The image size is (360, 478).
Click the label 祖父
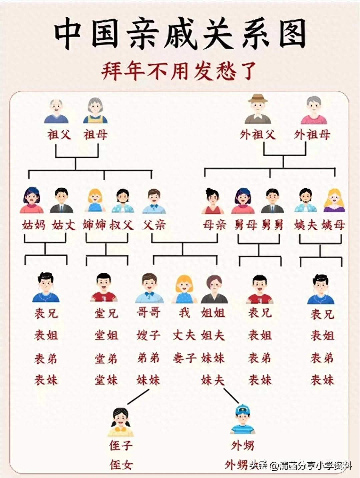[59, 135]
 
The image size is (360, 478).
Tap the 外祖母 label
[312, 135]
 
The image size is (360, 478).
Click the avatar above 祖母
[95, 110]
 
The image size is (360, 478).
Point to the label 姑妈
[34, 225]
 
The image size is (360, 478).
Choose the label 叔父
[121, 225]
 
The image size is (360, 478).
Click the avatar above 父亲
[154, 201]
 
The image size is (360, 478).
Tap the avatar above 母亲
[213, 201]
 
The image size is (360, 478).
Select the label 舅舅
[272, 225]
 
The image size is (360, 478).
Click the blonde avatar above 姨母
[334, 201]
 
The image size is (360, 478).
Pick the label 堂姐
[106, 335]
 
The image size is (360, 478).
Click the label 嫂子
[148, 335]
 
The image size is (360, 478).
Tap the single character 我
[184, 313]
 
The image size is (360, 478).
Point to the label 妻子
[184, 358]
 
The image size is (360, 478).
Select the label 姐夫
[213, 335]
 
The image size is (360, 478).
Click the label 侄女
[121, 465]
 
